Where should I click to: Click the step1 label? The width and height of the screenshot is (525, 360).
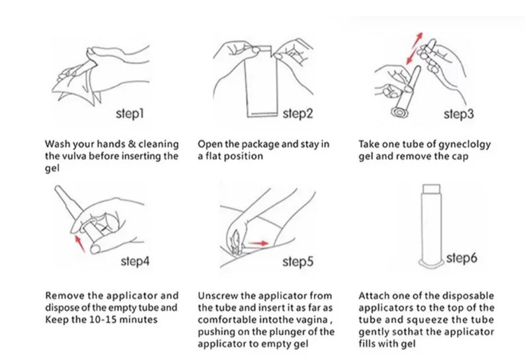(130, 114)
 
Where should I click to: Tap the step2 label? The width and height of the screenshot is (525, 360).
(298, 114)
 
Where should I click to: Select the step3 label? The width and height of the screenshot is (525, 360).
(459, 114)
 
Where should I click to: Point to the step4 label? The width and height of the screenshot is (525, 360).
(135, 261)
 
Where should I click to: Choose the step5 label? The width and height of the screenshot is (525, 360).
(298, 262)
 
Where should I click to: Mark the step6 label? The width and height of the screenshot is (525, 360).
(462, 258)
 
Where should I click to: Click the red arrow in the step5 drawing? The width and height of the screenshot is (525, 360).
(259, 243)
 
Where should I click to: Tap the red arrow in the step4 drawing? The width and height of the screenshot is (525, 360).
(79, 244)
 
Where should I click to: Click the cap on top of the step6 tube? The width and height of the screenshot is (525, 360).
(431, 189)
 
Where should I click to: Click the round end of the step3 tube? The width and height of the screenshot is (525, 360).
(400, 112)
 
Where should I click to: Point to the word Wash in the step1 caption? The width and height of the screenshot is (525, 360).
(58, 144)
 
